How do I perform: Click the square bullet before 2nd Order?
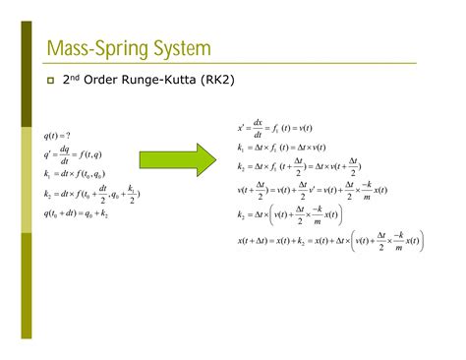pos(49,80)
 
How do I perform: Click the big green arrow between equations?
pos(176,156)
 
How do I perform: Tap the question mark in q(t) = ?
pos(67,136)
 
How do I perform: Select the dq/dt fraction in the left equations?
pos(65,154)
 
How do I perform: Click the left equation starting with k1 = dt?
pos(77,174)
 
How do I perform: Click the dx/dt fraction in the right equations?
pos(258,127)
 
